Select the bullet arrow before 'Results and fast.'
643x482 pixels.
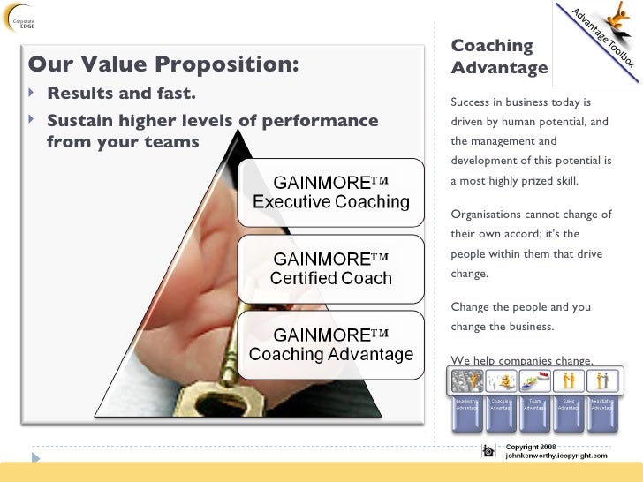click(34, 94)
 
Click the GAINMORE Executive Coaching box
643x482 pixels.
click(330, 192)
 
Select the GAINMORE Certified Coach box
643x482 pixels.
click(330, 268)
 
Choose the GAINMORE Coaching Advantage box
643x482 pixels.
click(330, 344)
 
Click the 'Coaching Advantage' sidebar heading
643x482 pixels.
click(498, 56)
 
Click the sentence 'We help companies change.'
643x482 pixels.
click(521, 359)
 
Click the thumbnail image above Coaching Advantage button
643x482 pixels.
click(501, 381)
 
